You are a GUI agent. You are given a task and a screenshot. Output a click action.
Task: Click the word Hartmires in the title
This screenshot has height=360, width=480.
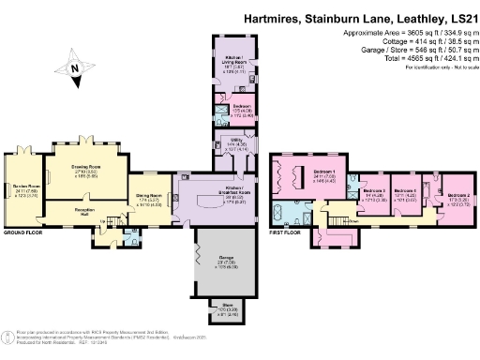[x=272, y=16]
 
